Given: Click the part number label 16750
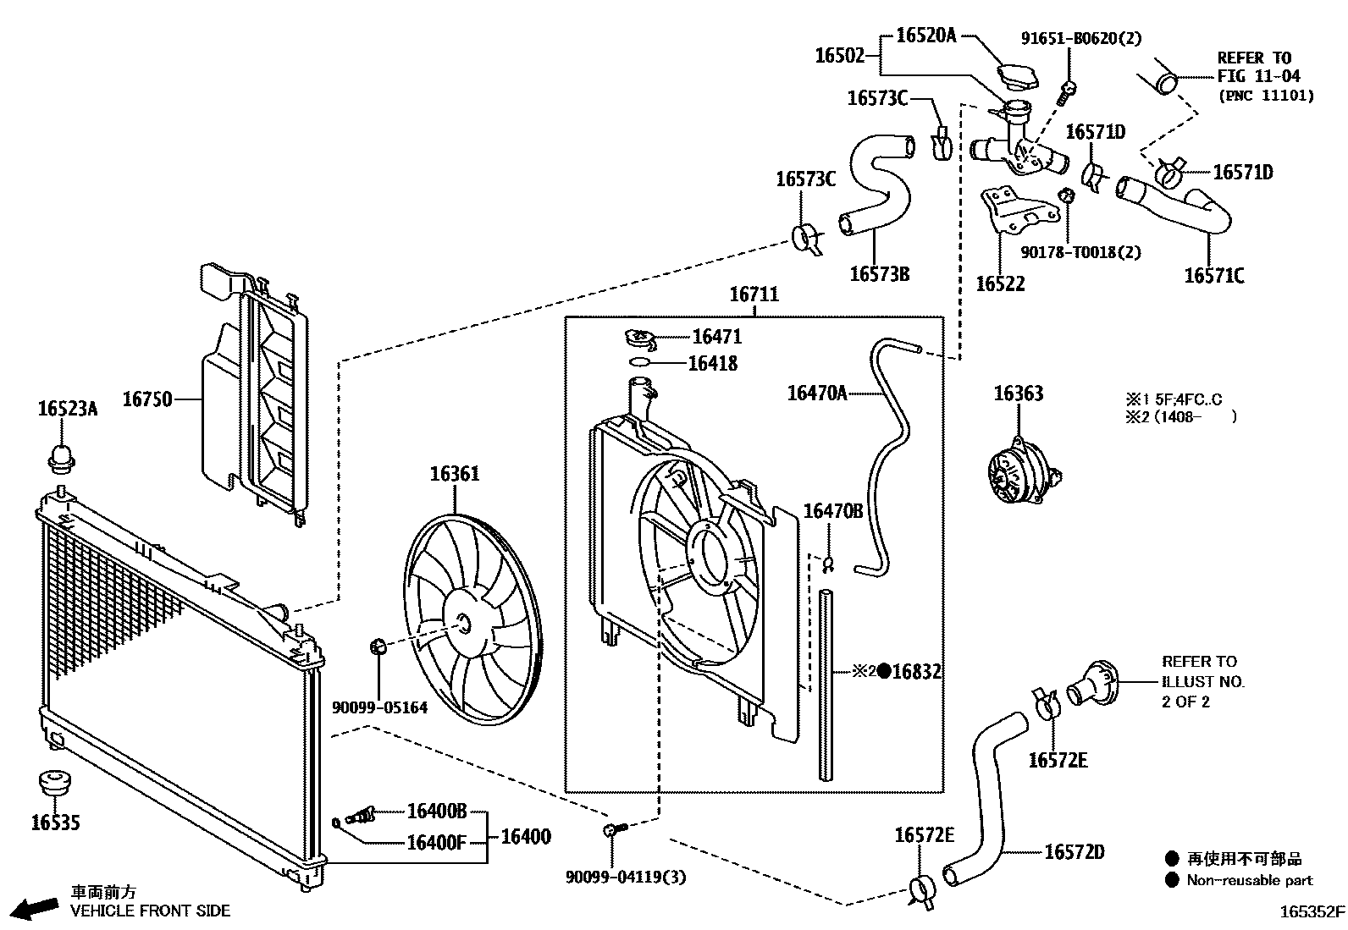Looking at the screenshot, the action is click(147, 399).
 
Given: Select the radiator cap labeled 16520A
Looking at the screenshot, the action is click(1017, 77).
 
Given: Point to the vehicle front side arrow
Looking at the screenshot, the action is click(35, 907).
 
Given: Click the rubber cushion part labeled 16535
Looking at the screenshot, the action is click(55, 782).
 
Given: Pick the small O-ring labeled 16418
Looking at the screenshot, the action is click(639, 362).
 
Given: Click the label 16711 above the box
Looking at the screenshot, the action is click(754, 294).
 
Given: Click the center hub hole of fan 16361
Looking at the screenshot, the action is click(464, 623).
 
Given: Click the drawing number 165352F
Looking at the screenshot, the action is click(1312, 911).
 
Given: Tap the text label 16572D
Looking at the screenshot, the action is click(1075, 852).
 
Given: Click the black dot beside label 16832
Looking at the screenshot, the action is click(884, 671).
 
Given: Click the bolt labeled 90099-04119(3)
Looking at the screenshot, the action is click(615, 829).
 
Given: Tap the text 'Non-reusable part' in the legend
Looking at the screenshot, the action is click(1249, 880).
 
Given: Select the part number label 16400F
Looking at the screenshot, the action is click(436, 843).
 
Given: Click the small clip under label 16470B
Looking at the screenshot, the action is click(828, 564).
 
